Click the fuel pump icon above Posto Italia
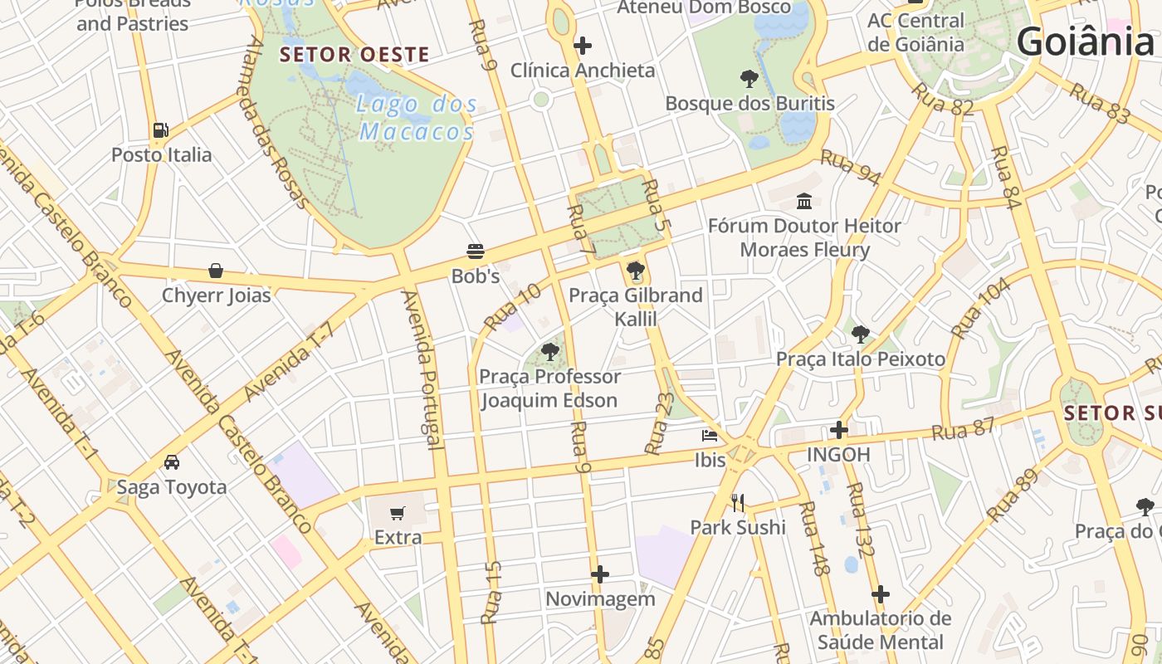(160, 130)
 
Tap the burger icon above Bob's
(476, 251)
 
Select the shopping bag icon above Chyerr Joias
(216, 271)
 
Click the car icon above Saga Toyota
(172, 462)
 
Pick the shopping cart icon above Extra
(398, 513)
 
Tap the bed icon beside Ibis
(710, 435)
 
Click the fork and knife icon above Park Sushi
(738, 502)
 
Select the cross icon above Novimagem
(600, 574)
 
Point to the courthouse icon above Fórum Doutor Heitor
(804, 201)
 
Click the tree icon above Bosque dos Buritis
(749, 79)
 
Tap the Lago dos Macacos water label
(417, 118)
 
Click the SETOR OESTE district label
(354, 55)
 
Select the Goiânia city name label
(1085, 41)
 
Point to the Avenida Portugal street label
(422, 369)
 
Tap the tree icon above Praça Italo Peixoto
(861, 334)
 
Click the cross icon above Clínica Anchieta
(583, 46)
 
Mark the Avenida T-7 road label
(290, 360)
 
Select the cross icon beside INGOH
(839, 430)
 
